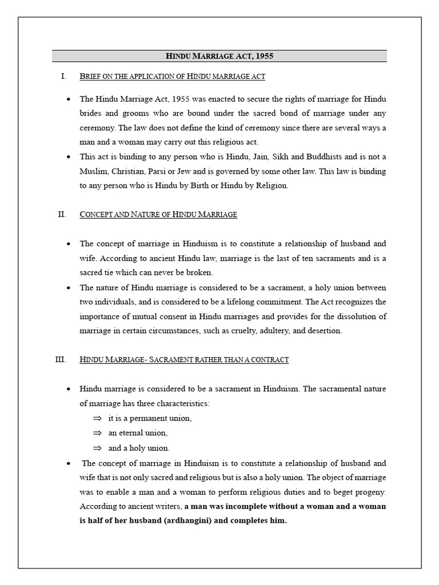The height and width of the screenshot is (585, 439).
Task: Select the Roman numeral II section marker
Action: [62, 214]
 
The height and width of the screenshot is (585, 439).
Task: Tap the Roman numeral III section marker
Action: [61, 359]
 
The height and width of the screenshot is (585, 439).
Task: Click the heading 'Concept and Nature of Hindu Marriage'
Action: [158, 215]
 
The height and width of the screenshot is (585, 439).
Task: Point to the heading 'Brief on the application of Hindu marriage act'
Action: [172, 76]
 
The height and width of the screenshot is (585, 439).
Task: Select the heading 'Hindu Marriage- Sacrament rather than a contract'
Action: [184, 360]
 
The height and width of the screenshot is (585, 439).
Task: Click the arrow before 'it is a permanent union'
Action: [97, 418]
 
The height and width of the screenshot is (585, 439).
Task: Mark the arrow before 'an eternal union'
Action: [97, 433]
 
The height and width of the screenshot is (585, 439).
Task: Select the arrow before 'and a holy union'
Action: [97, 448]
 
